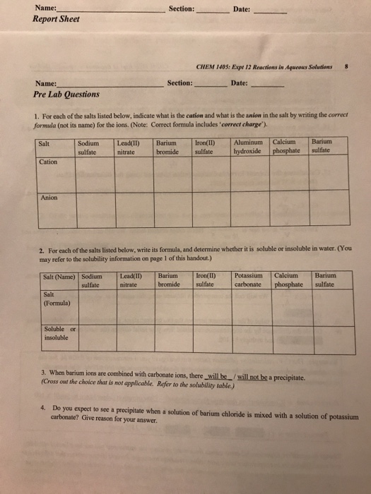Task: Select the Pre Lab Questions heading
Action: [66, 94]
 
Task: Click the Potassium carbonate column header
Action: [249, 280]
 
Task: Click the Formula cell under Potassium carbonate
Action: [249, 308]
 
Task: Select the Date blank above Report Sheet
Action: [269, 11]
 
